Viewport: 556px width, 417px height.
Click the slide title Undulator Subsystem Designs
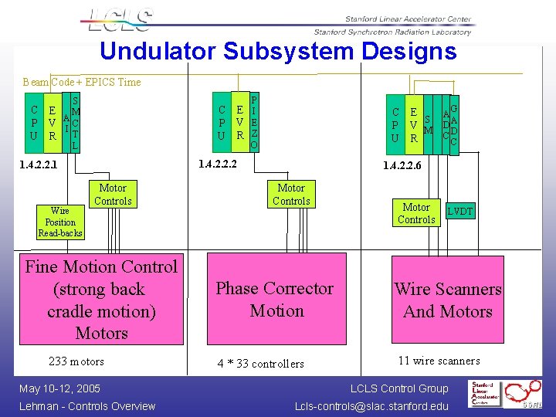278,52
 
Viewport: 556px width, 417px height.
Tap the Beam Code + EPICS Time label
82,82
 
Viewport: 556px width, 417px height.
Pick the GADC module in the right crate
453,125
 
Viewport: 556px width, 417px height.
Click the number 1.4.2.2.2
218,164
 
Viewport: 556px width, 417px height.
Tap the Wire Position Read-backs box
60,222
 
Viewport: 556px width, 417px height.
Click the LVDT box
460,212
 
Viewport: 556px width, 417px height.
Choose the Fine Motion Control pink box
101,300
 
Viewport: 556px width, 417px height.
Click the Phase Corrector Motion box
275,300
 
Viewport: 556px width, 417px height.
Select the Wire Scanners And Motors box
447,300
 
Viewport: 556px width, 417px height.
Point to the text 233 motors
76,361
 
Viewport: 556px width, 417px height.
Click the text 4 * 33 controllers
261,364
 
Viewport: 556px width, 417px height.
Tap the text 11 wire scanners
439,361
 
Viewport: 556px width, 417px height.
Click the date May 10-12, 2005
60,388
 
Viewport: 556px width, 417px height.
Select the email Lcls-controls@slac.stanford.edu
371,406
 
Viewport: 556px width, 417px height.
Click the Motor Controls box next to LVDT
416,213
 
